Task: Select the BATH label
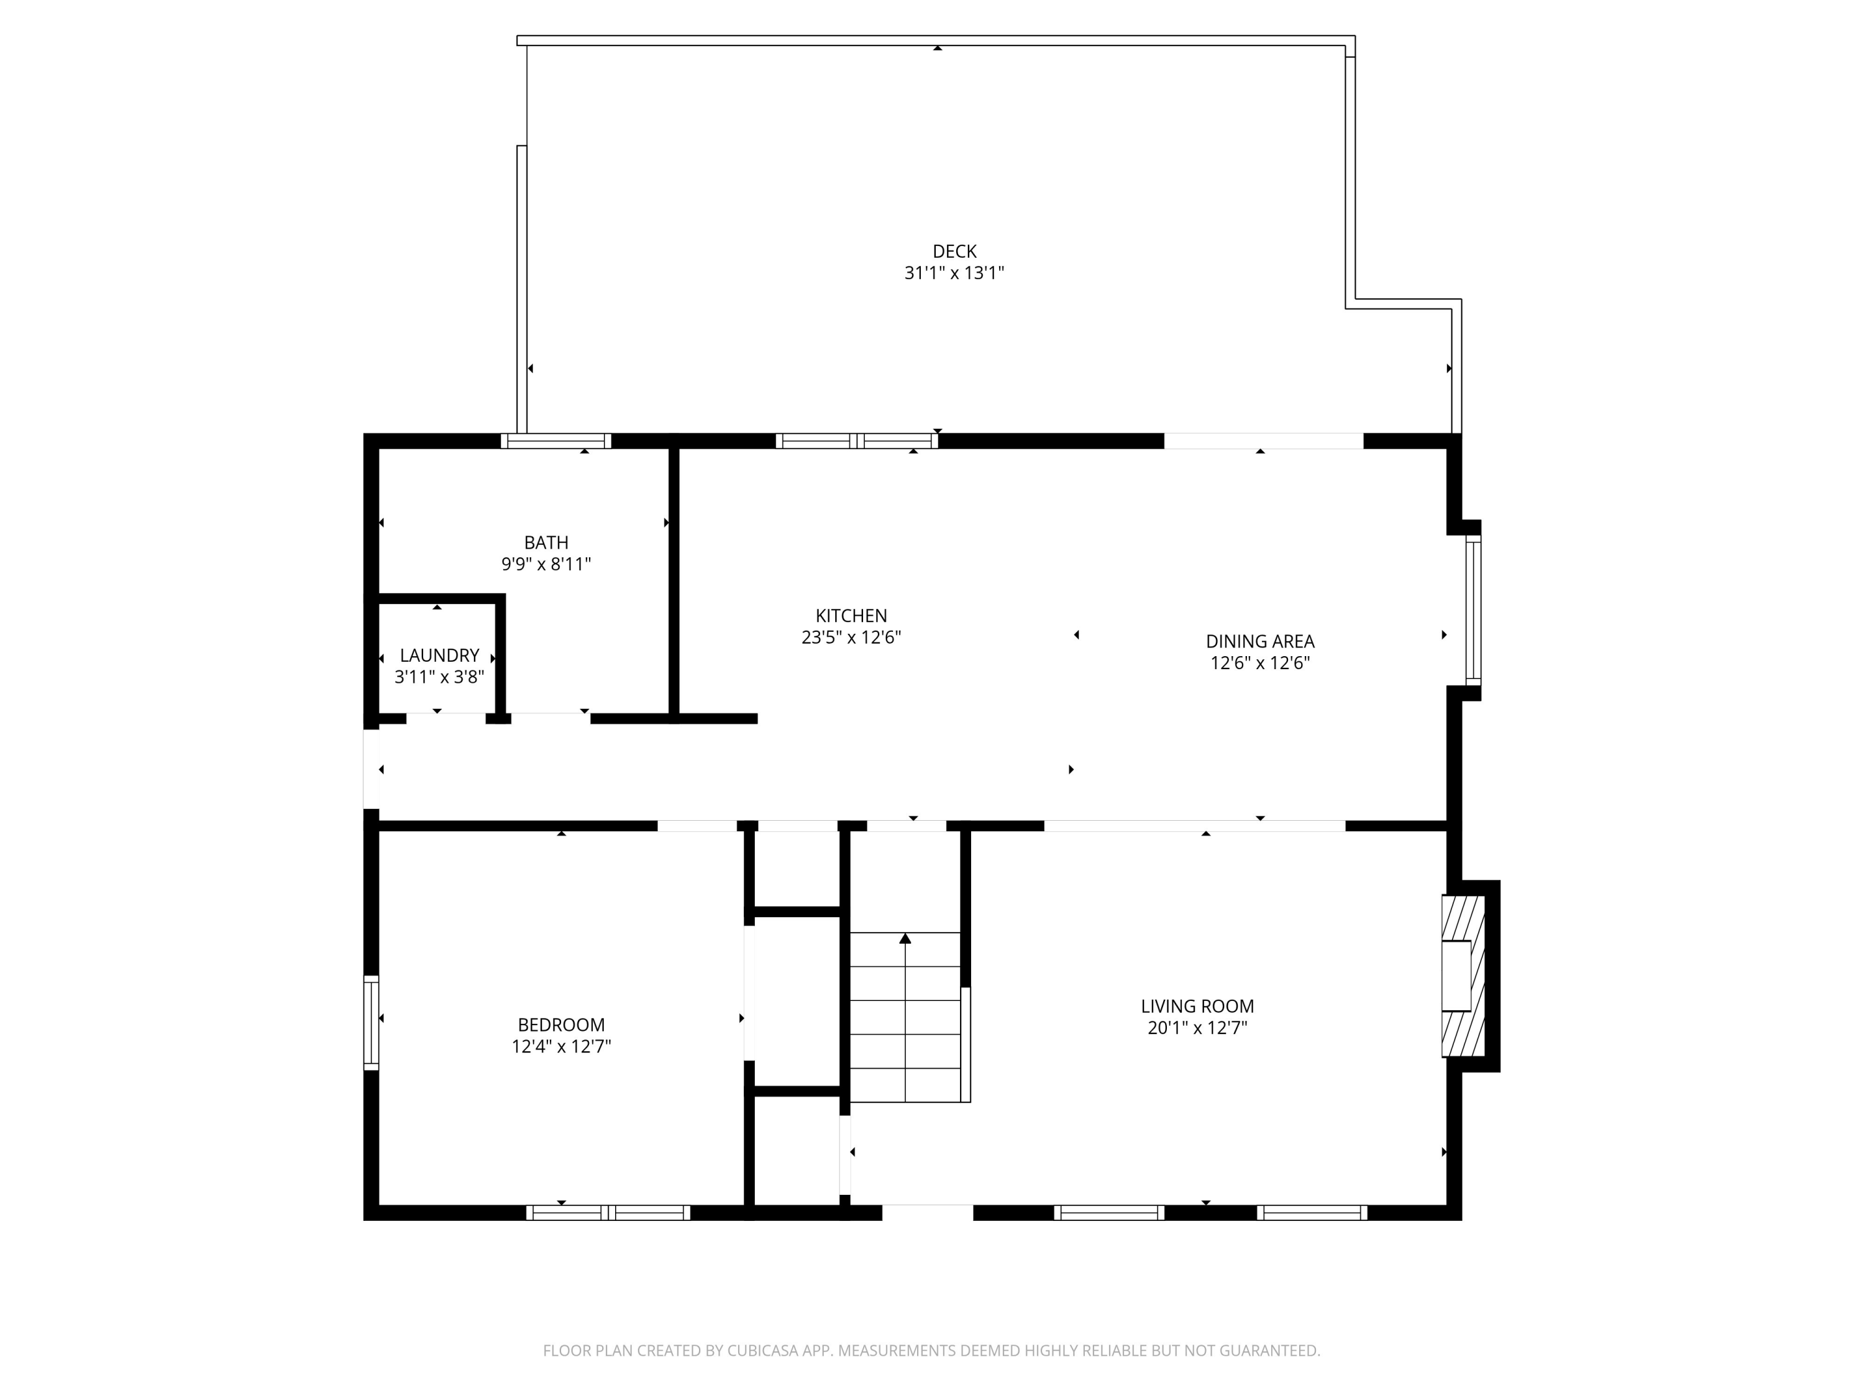pos(546,542)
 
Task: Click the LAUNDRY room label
pos(439,655)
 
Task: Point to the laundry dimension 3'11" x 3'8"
pos(439,677)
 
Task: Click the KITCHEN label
pos(851,616)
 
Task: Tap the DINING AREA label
pos(1260,641)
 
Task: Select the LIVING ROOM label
pos(1197,1006)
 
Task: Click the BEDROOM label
pos(560,1025)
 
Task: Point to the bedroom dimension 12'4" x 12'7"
pos(560,1046)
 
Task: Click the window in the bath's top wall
pos(555,441)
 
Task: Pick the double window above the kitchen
pos(856,441)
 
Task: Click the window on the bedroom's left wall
pos(371,1023)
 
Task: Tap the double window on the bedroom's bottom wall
pos(608,1213)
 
